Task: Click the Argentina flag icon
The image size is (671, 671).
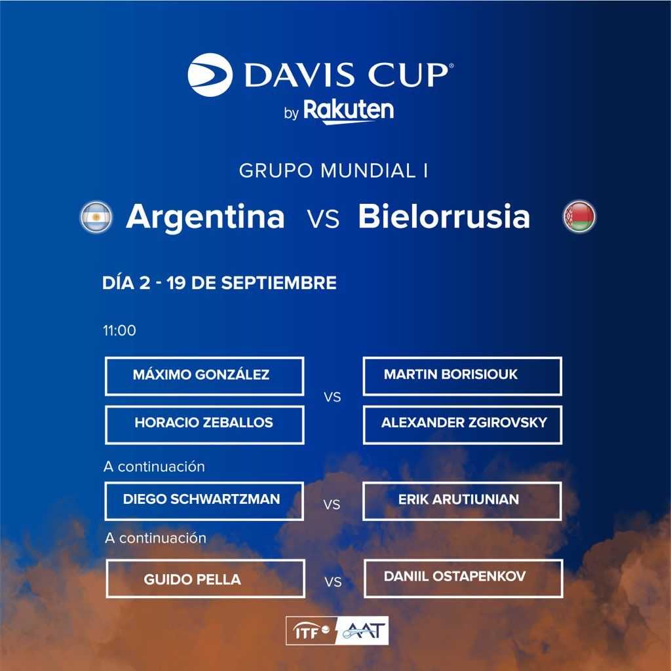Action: pos(96,217)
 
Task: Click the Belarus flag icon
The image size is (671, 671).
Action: pos(579,216)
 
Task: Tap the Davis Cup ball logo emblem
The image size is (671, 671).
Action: pos(210,75)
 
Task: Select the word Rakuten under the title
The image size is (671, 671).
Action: pos(349,111)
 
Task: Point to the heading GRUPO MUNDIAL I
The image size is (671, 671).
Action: pos(334,171)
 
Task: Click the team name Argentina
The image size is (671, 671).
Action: pos(205,217)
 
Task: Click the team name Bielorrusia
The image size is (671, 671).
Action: pos(444,216)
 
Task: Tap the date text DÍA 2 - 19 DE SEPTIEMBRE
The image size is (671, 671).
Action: pos(219,283)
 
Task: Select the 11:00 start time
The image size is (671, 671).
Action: pos(119,330)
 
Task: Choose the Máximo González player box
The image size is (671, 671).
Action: pos(204,375)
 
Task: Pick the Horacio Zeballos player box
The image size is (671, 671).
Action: pos(204,425)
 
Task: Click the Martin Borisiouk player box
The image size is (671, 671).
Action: pos(462,375)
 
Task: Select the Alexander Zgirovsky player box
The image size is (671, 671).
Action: pos(462,425)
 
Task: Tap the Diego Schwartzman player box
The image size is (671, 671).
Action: pos(204,501)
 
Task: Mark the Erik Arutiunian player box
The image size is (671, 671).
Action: pos(462,501)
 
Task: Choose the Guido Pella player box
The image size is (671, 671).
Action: pos(205,578)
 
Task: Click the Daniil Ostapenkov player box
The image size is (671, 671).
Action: pos(463,578)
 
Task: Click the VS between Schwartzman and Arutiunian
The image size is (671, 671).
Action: pos(332,505)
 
